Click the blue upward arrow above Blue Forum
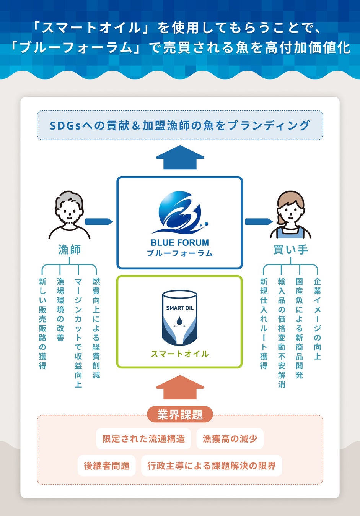[180, 157]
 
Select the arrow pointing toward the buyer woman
[259, 222]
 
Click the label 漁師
[69, 250]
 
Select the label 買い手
[290, 250]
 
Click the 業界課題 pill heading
[180, 414]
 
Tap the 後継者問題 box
[107, 466]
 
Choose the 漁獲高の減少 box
[230, 439]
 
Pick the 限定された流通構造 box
[143, 439]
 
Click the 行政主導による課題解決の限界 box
[212, 466]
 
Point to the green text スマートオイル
[180, 354]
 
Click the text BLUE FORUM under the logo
[180, 243]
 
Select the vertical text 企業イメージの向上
[317, 319]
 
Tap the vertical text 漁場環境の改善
[60, 310]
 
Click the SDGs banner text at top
[180, 125]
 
